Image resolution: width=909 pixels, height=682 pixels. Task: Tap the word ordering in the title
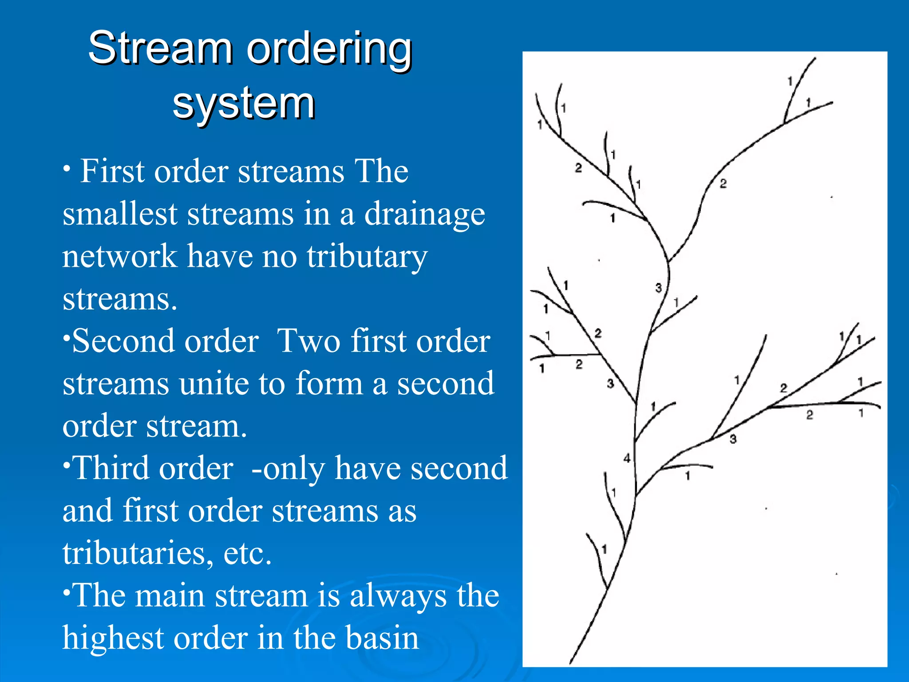pos(329,50)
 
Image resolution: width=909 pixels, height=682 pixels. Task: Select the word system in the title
pos(244,104)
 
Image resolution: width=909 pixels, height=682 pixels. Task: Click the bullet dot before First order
pos(67,168)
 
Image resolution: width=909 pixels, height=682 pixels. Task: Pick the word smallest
pos(120,214)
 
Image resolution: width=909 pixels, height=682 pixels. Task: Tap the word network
pos(120,256)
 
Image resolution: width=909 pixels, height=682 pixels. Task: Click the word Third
pos(153,468)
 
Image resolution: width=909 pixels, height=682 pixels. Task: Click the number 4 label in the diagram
pos(627,458)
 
